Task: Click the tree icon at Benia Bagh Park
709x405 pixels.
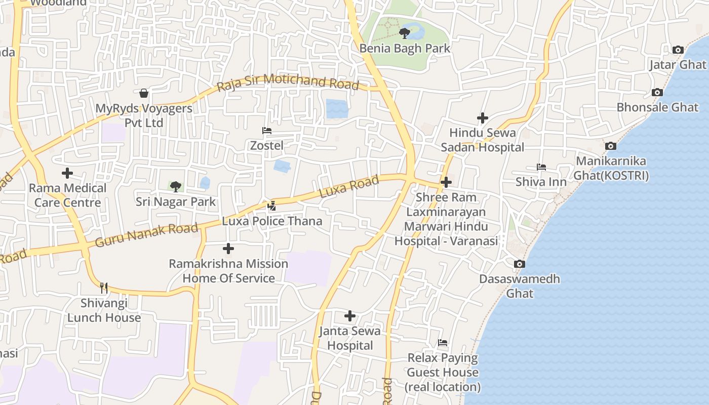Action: [x=404, y=33]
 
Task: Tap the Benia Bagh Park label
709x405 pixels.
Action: [x=405, y=49]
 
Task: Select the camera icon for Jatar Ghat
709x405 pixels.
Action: [x=678, y=50]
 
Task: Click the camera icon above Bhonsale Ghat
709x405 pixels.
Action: [x=657, y=92]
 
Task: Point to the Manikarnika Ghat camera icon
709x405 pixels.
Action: [x=611, y=146]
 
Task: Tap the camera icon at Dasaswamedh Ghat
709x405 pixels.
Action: [x=519, y=264]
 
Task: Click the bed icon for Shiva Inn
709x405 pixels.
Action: [x=541, y=167]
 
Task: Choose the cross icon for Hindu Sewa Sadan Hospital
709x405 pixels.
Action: [x=482, y=118]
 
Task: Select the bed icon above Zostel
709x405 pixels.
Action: [x=267, y=131]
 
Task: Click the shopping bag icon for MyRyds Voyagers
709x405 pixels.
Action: [x=144, y=93]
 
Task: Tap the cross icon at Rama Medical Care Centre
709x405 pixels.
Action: [x=67, y=173]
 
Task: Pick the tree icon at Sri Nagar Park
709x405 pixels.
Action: [x=175, y=187]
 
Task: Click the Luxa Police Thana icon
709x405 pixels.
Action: [x=272, y=206]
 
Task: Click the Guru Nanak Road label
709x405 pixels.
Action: [x=146, y=235]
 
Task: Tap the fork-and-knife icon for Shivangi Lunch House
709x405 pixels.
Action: [x=104, y=288]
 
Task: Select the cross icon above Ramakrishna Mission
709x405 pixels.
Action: [x=228, y=249]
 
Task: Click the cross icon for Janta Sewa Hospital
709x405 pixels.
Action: [x=349, y=316]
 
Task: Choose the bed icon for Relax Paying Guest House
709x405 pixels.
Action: [x=443, y=343]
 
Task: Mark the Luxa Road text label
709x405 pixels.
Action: [x=349, y=187]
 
